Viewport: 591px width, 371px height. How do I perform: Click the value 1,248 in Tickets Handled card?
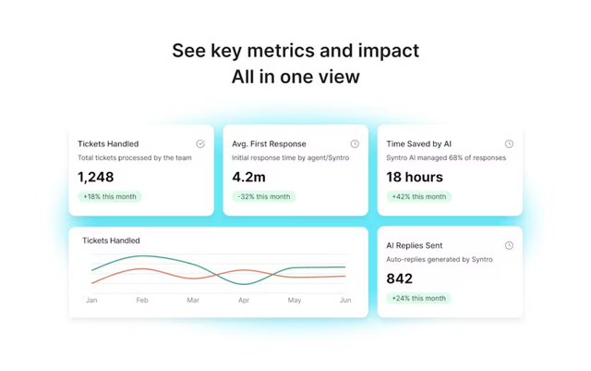point(96,177)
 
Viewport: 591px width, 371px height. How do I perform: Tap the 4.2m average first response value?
point(249,177)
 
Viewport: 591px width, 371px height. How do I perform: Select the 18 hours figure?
point(414,177)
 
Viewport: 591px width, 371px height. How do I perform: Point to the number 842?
point(400,278)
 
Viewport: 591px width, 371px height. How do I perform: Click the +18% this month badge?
point(109,197)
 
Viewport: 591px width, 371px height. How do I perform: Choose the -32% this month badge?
point(263,197)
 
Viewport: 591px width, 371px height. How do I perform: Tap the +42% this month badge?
point(418,197)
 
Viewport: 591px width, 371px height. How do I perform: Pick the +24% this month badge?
point(418,299)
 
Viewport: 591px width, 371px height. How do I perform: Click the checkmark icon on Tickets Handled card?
point(200,144)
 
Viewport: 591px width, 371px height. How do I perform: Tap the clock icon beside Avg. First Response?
point(355,144)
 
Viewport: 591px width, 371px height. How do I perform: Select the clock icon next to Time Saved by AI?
point(509,144)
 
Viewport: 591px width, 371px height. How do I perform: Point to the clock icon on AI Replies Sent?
point(509,246)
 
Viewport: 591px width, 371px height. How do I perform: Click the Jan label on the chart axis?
point(91,301)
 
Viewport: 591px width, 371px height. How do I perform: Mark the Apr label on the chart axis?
point(244,301)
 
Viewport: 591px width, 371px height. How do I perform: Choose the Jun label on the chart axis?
point(345,301)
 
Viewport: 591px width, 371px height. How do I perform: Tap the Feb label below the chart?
point(142,301)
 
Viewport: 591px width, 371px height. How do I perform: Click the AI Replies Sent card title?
point(415,246)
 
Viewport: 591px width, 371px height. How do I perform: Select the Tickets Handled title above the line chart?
point(111,241)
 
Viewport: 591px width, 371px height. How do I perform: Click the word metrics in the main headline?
point(285,50)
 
